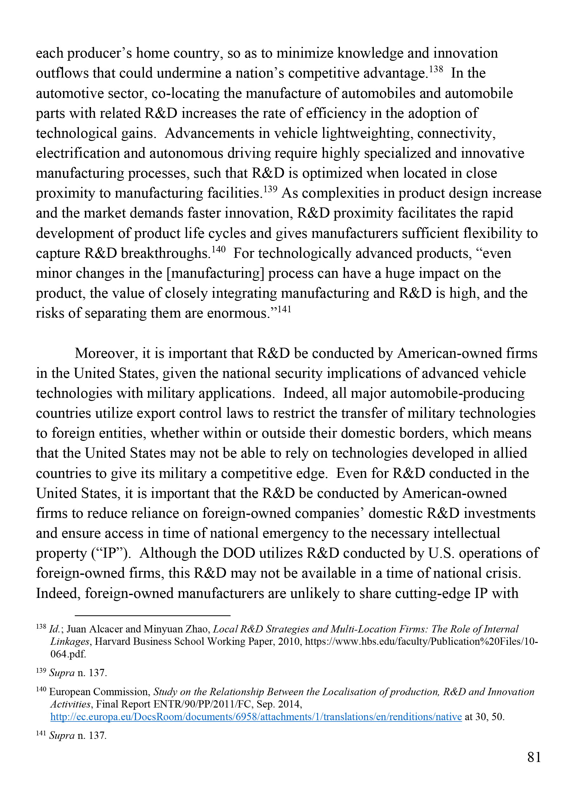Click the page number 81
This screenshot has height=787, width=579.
click(x=534, y=757)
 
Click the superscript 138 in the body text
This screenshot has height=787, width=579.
click(x=436, y=69)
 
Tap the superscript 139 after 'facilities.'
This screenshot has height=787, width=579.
click(x=270, y=189)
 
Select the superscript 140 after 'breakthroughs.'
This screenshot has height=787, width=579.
click(x=218, y=250)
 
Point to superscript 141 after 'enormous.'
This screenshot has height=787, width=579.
click(x=284, y=309)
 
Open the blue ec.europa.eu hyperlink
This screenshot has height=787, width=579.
click(x=256, y=717)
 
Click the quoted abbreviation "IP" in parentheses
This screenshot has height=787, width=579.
click(x=110, y=553)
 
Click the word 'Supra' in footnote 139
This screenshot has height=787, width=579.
click(x=62, y=673)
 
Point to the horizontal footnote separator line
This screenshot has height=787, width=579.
click(x=153, y=615)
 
